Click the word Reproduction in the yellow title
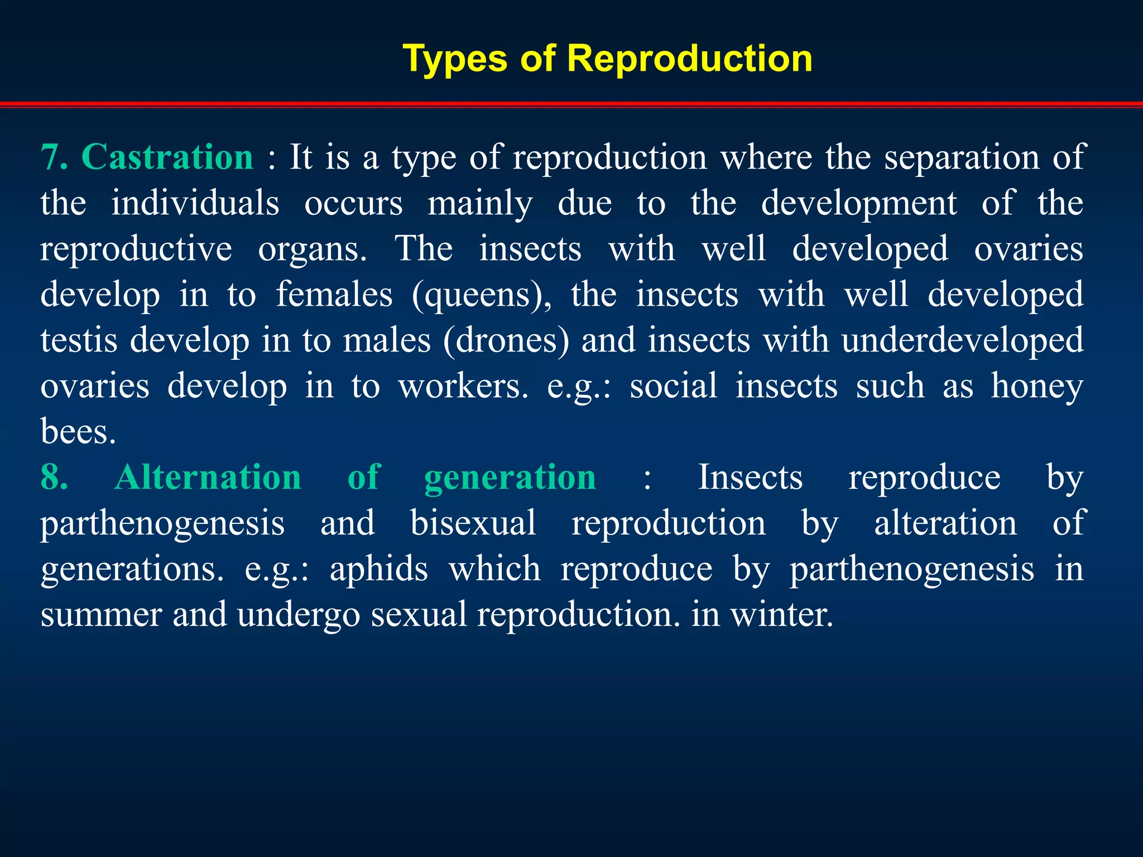click(x=689, y=59)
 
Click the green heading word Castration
click(x=167, y=157)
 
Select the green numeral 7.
click(x=54, y=157)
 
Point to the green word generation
click(x=510, y=479)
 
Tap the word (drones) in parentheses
click(x=506, y=341)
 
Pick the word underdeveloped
click(x=962, y=341)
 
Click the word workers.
click(x=463, y=386)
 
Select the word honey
click(x=1037, y=387)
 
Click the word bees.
click(x=78, y=432)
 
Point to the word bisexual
click(x=473, y=523)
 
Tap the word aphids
click(x=378, y=569)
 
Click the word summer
click(x=101, y=615)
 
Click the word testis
click(x=79, y=341)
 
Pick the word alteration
click(x=945, y=523)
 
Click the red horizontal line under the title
click(x=571, y=104)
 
